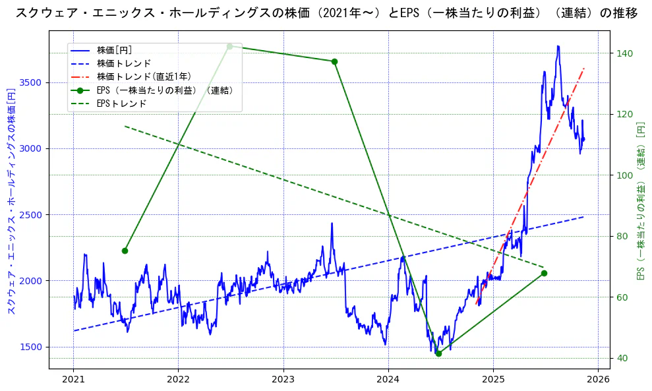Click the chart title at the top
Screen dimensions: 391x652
326,13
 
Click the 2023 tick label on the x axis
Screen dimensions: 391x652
283,379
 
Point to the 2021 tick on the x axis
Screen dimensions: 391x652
73,379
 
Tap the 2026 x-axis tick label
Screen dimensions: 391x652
597,379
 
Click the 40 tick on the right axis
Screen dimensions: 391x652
622,358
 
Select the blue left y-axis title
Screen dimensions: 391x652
11,200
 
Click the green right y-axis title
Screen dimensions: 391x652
640,200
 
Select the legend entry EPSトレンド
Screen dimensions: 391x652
121,104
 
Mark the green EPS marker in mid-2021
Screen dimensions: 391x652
125,251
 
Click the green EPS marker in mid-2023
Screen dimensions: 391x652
334,61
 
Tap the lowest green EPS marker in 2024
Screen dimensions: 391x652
438,353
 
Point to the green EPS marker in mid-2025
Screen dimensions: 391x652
544,273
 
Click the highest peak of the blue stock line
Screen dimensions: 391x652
558,46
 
